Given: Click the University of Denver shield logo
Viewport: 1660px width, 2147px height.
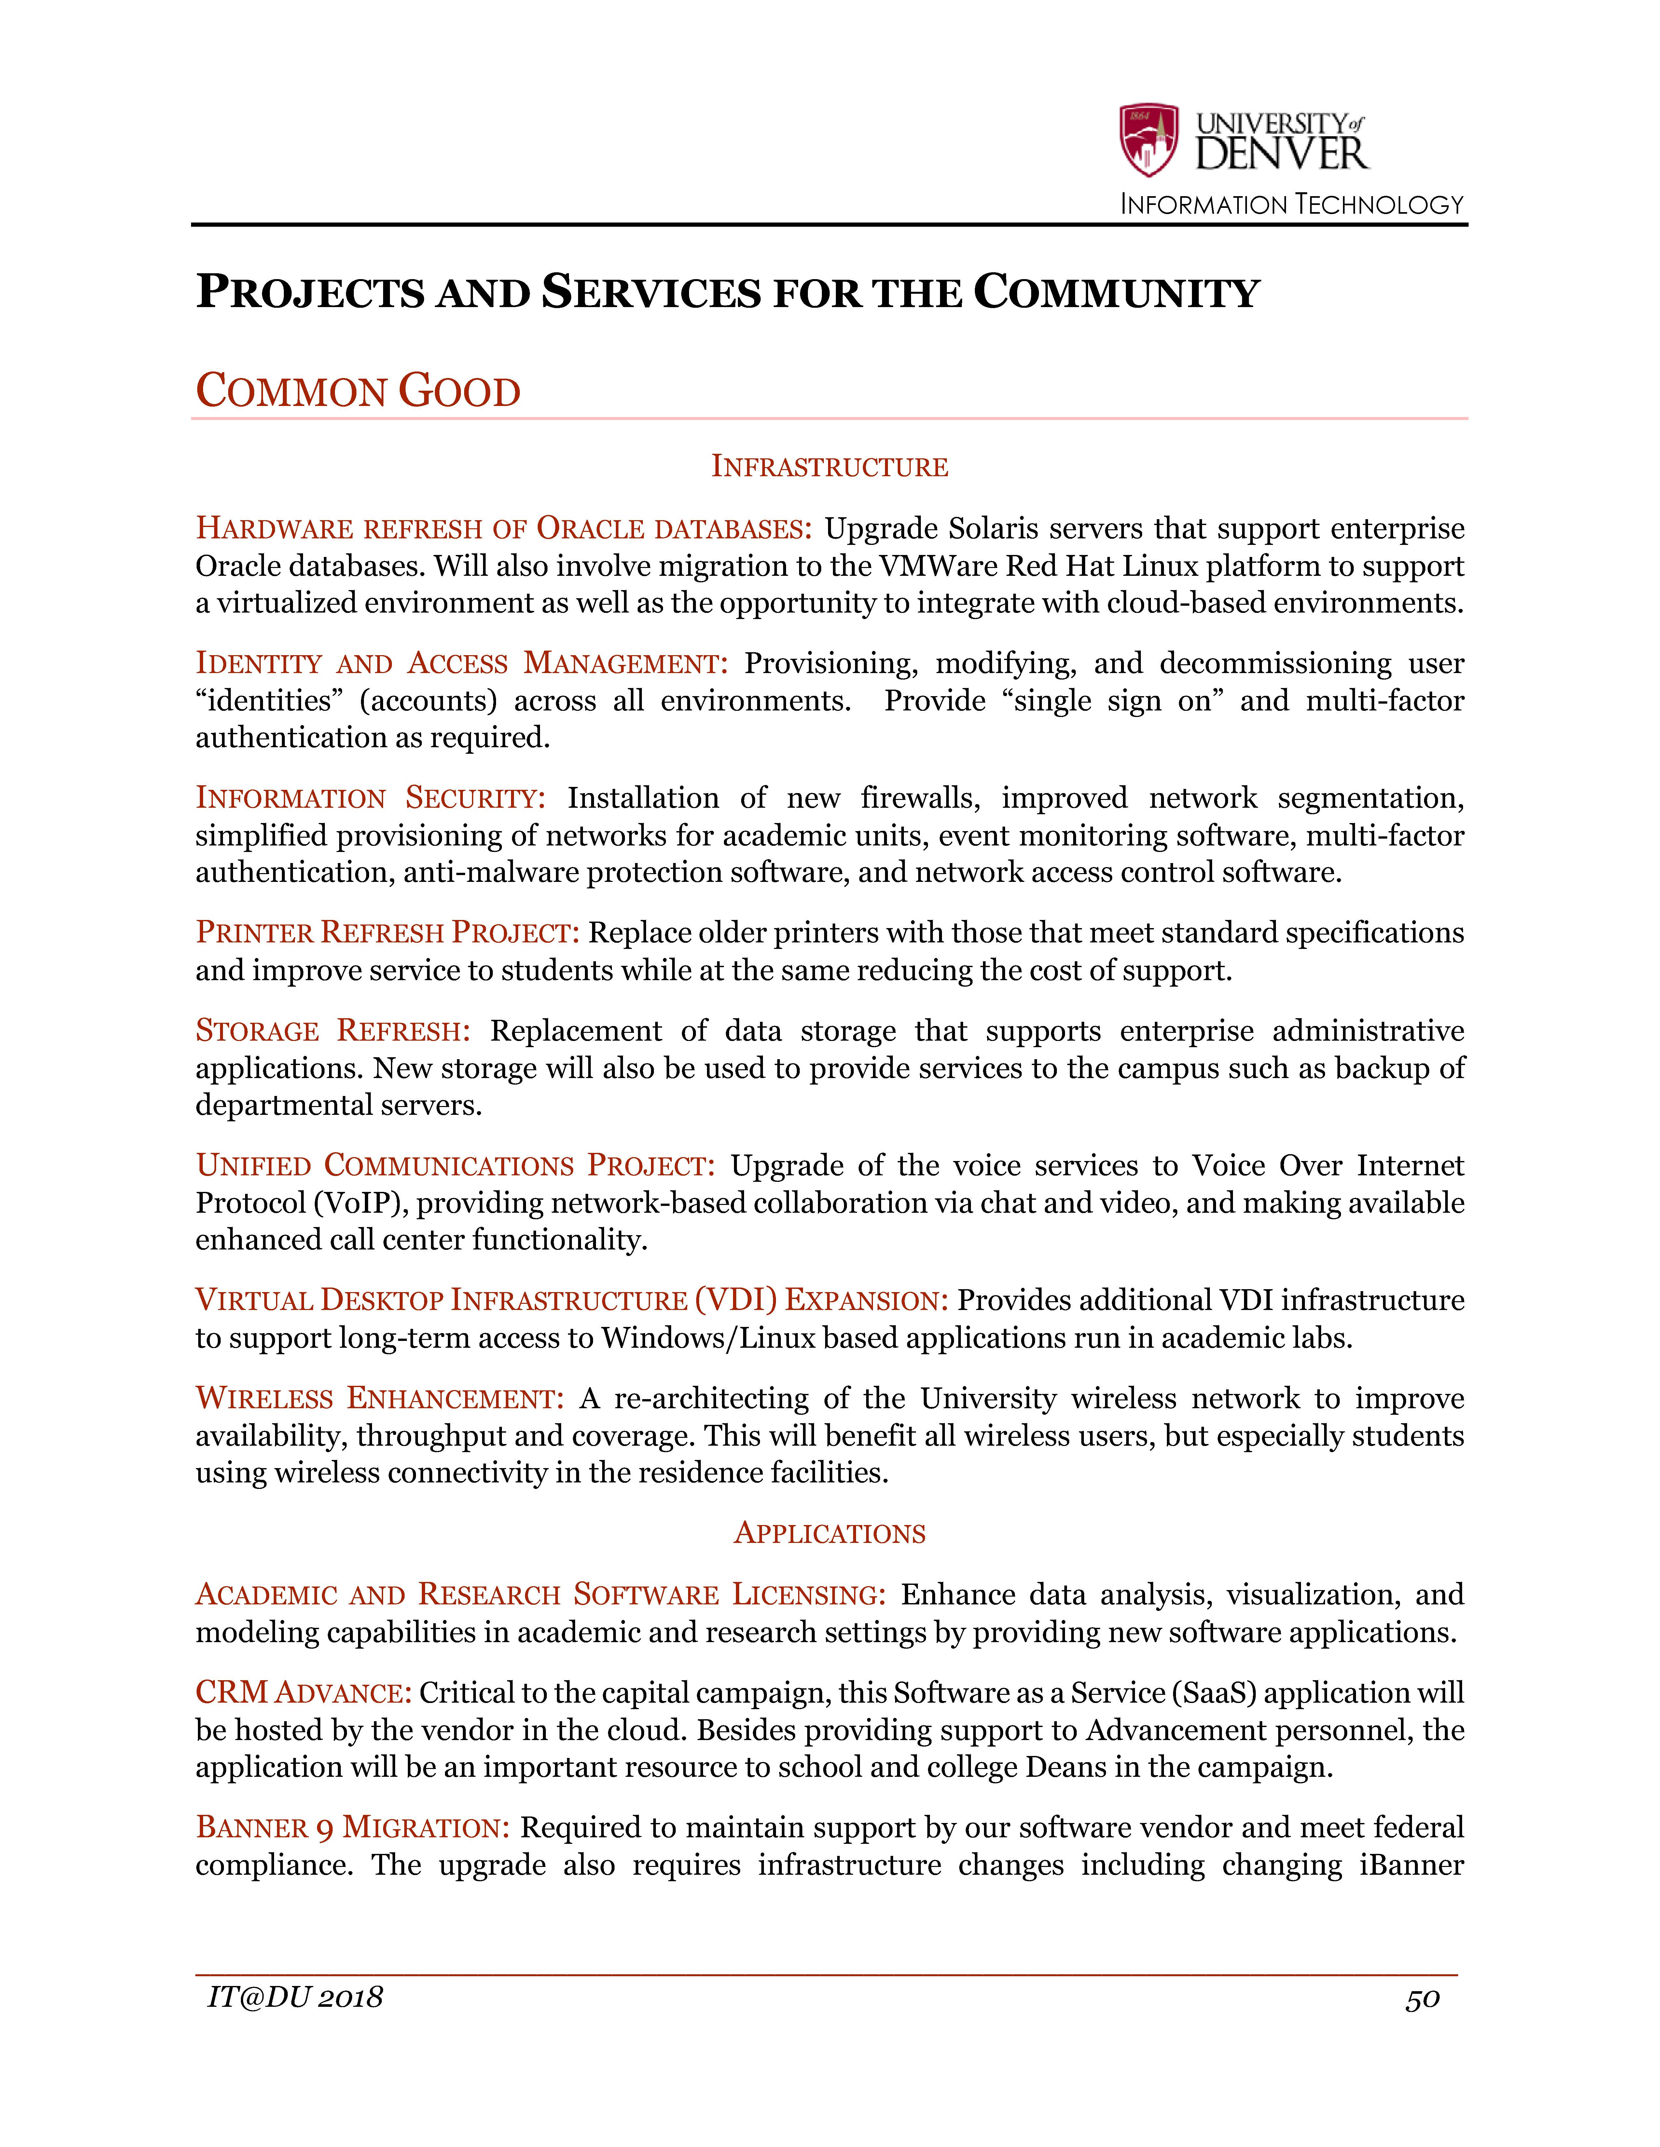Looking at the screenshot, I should click(x=1149, y=140).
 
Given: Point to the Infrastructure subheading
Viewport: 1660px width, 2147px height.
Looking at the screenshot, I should click(x=829, y=467).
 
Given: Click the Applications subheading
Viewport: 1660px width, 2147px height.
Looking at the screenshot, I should click(x=829, y=1533).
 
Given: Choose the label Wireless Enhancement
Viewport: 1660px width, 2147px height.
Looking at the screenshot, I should click(x=380, y=1399).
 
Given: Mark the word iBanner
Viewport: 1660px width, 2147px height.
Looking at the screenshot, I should click(x=1411, y=1865).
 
